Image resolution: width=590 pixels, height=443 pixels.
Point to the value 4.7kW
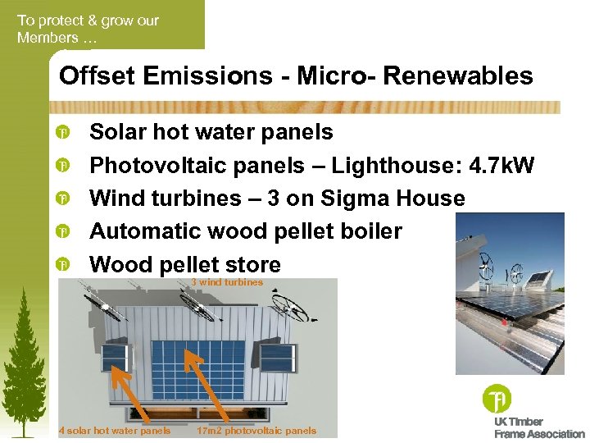[502, 166]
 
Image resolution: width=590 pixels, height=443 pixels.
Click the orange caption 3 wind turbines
[227, 282]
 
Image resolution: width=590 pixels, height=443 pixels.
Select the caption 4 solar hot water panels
[115, 431]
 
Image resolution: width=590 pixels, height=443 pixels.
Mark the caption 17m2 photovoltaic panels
[256, 431]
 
